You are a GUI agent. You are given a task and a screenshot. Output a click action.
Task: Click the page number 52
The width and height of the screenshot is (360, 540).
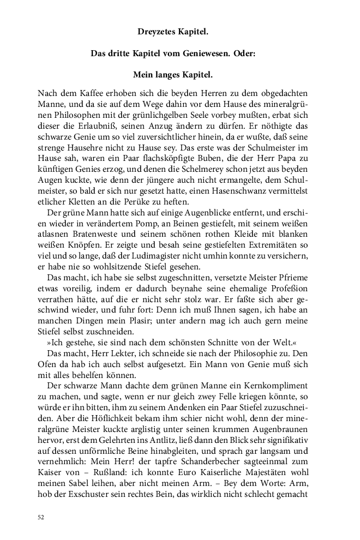(x=41, y=517)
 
